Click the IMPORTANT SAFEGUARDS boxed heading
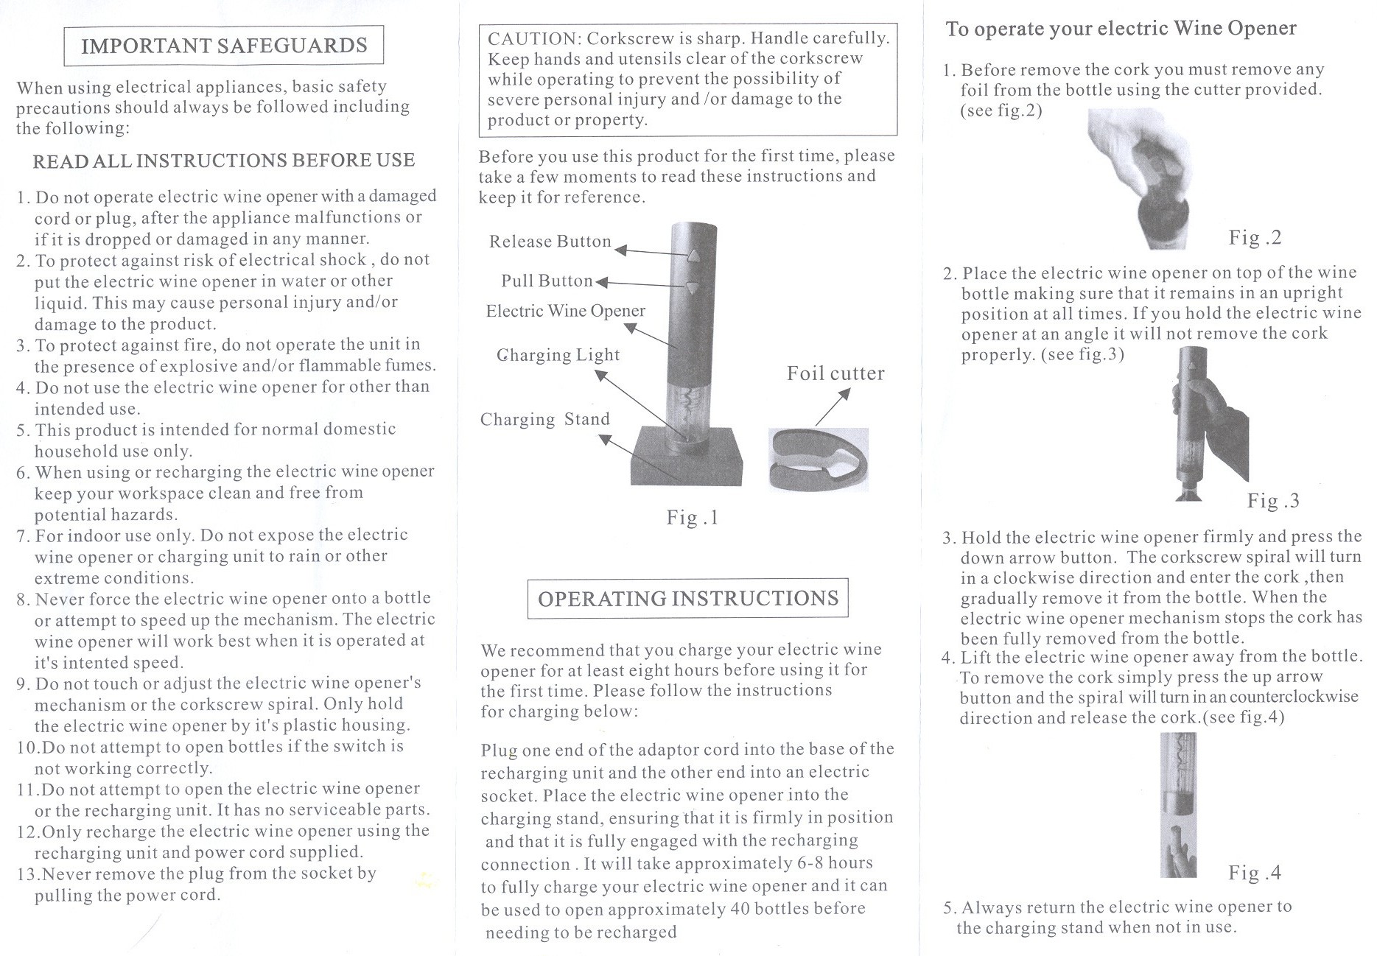(x=223, y=46)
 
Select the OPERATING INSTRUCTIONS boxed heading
(x=687, y=598)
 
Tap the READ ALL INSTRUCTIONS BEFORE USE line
(x=223, y=161)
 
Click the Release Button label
(x=550, y=242)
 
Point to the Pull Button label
(x=547, y=281)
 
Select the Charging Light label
(x=558, y=355)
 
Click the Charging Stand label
(x=544, y=419)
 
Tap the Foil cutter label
(x=835, y=373)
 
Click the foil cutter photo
(x=818, y=460)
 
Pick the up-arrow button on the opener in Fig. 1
(x=693, y=256)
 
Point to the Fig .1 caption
(x=692, y=517)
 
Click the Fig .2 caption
(x=1255, y=237)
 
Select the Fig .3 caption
(x=1272, y=501)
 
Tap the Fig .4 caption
(x=1254, y=873)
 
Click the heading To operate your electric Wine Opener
(x=1120, y=29)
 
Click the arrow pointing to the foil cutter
(x=833, y=407)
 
